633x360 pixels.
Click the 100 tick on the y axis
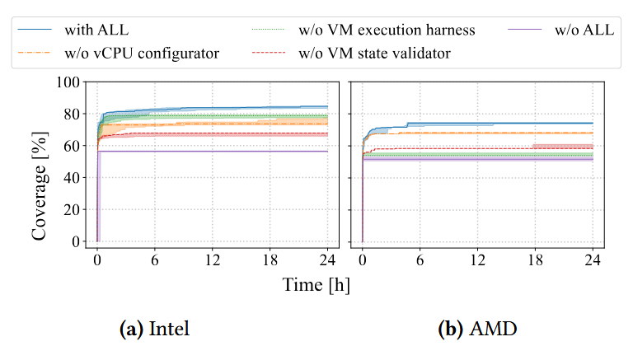click(x=71, y=82)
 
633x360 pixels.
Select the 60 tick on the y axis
click(x=74, y=146)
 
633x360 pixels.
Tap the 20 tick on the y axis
click(x=74, y=209)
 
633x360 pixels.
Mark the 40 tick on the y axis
click(x=74, y=178)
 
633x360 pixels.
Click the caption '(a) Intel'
click(x=154, y=330)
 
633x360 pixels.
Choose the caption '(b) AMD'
click(x=478, y=330)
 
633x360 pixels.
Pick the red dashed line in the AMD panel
click(x=495, y=149)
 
